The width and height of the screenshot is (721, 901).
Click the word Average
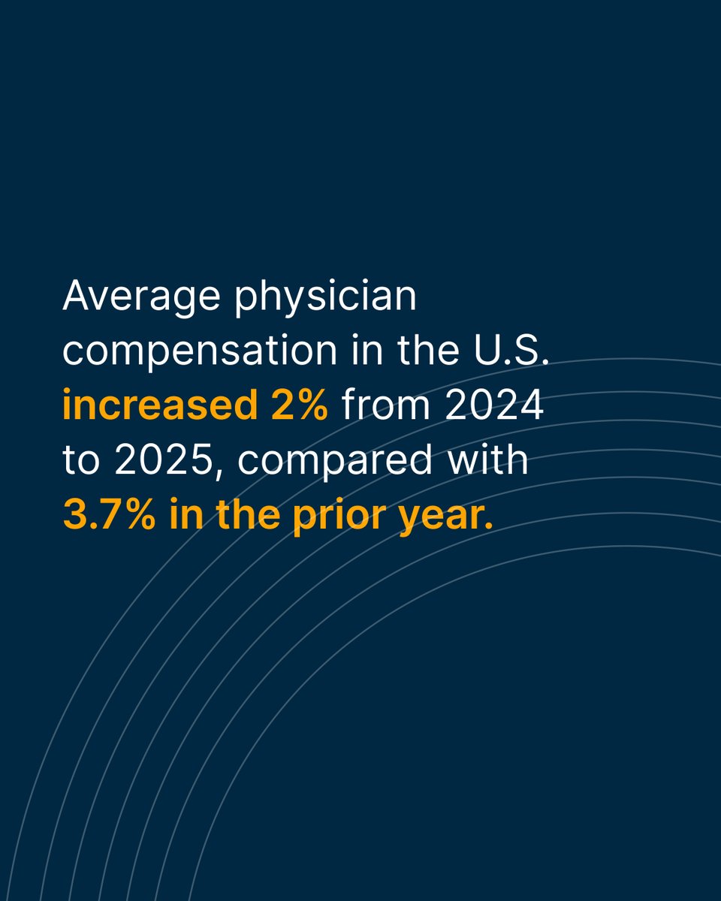coord(142,297)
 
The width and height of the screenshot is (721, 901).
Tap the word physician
coord(325,297)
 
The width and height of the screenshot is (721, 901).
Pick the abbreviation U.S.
coord(511,349)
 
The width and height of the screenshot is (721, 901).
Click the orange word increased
coord(160,404)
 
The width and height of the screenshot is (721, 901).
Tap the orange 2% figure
coord(300,405)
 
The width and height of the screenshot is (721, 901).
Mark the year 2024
coord(494,405)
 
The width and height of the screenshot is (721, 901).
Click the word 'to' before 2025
coord(81,460)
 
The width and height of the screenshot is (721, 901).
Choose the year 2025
coord(164,460)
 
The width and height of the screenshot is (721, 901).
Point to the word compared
coord(335,460)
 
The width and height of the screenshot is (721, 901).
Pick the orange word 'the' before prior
coord(249,514)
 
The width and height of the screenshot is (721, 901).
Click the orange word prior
coord(339,517)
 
